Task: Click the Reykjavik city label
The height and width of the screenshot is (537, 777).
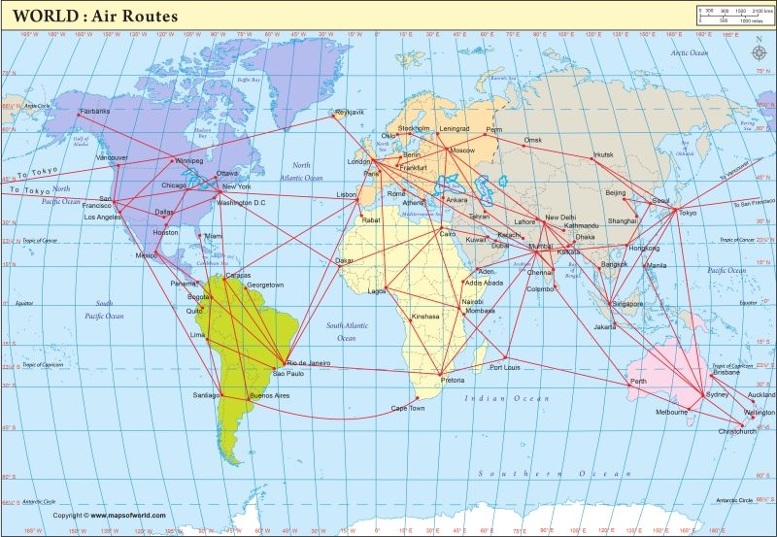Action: tap(349, 112)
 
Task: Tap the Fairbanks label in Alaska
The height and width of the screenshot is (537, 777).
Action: tap(94, 111)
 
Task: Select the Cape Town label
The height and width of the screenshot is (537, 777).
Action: tap(408, 408)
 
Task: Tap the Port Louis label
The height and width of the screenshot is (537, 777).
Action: tap(506, 368)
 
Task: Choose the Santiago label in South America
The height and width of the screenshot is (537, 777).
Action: tap(206, 395)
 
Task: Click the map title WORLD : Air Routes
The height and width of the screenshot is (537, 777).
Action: tap(95, 16)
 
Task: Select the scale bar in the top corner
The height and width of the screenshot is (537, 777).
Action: tap(732, 15)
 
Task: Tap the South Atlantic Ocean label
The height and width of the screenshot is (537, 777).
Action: tap(347, 331)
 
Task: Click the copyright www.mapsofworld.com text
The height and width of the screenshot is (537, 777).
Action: tap(109, 516)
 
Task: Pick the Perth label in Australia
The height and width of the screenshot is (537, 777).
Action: tap(638, 382)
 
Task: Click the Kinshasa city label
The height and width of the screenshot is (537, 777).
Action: tap(425, 316)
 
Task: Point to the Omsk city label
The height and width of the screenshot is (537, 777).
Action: tap(533, 140)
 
